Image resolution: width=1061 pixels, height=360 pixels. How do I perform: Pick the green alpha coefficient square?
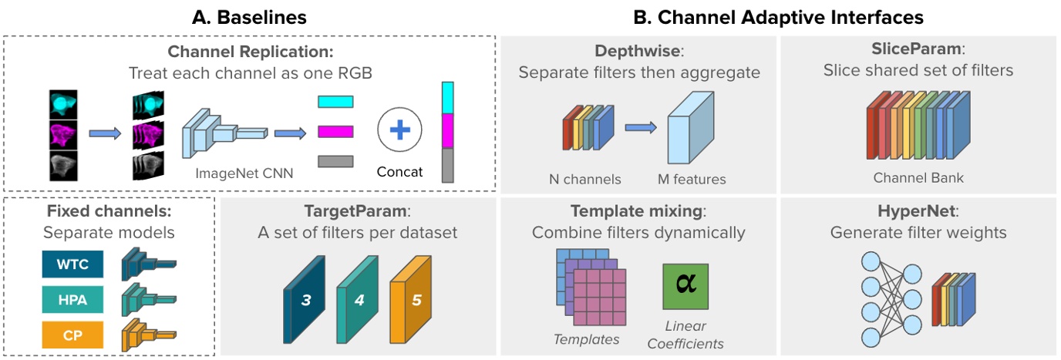[x=684, y=287]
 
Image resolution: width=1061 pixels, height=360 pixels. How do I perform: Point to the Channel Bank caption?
[x=918, y=178]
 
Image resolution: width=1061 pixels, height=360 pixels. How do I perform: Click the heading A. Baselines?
[x=249, y=17]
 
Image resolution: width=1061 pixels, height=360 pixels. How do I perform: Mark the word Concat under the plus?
[x=399, y=172]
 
